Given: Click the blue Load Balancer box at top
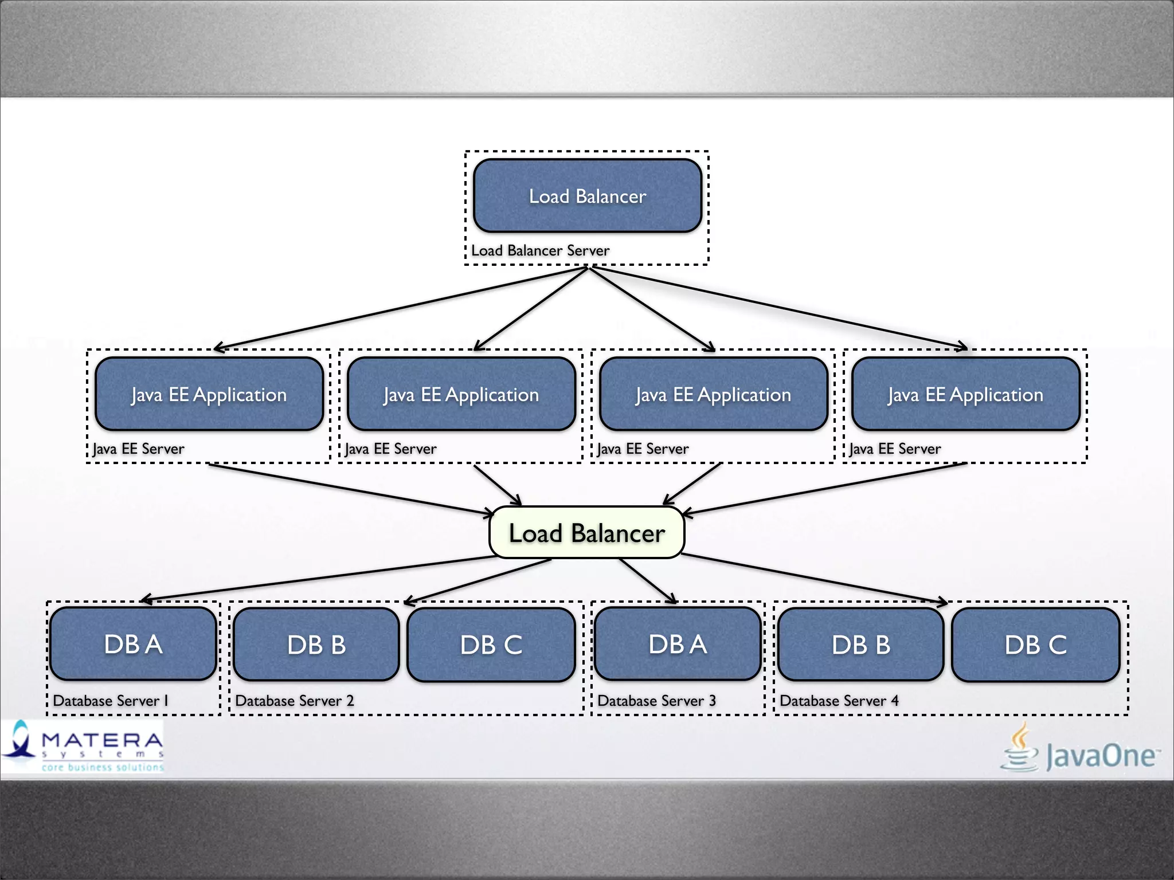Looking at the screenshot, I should click(x=587, y=196).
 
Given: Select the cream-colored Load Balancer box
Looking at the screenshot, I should click(x=586, y=533).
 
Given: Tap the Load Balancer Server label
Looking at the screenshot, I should click(x=540, y=250).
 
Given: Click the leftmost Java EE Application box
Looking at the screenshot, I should click(x=209, y=394).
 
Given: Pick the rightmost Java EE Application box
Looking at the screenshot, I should click(x=965, y=394).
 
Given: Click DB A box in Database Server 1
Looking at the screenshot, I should click(x=133, y=644).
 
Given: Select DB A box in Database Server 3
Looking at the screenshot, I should click(x=678, y=644).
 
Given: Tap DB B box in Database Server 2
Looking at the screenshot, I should click(x=316, y=645).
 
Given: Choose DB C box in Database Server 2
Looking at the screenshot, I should click(x=491, y=645).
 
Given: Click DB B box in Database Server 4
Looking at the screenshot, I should click(x=861, y=645).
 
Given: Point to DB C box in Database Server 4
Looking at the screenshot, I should click(x=1035, y=645).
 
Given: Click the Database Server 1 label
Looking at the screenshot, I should click(x=111, y=701).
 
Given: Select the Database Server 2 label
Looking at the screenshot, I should click(x=295, y=701).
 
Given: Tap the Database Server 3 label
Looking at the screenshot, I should click(x=656, y=701).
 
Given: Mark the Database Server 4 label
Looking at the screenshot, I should click(x=839, y=701).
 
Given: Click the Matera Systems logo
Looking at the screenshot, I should click(x=83, y=747).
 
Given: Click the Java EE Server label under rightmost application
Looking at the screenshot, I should click(x=895, y=449).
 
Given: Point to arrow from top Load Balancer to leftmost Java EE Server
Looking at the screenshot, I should click(x=401, y=308).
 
